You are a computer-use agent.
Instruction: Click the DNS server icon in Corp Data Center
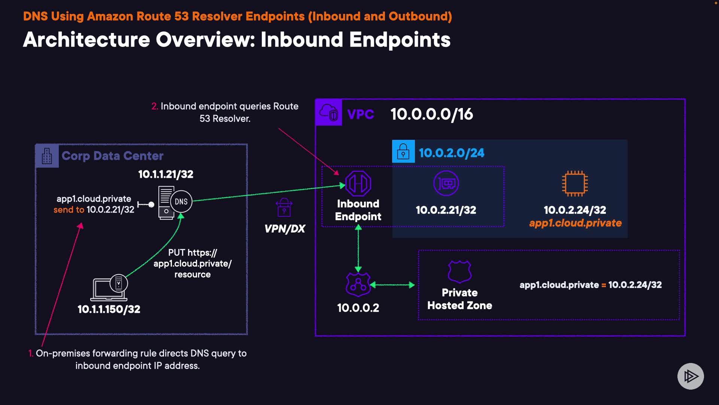(175, 202)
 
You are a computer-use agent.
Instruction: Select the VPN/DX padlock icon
(284, 207)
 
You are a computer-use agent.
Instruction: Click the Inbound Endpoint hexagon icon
(358, 183)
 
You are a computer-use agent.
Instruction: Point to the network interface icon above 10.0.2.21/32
(446, 183)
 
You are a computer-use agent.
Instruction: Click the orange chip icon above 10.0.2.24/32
(575, 183)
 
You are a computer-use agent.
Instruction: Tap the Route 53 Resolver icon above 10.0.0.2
(358, 285)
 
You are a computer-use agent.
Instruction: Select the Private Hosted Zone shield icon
(460, 271)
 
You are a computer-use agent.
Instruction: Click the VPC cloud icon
(329, 112)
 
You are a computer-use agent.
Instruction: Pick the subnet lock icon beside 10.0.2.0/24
(403, 151)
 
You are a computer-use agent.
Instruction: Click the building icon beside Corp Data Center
(47, 156)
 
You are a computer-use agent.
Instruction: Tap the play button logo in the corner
(691, 376)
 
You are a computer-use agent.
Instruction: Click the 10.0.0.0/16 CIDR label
(432, 114)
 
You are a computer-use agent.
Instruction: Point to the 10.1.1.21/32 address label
(166, 174)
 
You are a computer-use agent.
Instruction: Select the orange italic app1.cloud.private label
(575, 223)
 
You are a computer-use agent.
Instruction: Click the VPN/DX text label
(285, 229)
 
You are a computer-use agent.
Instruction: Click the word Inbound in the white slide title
(302, 40)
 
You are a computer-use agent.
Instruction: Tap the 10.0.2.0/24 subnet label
(452, 153)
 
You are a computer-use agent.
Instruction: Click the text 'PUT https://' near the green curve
(192, 253)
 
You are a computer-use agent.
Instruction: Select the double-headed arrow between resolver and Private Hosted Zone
(392, 285)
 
